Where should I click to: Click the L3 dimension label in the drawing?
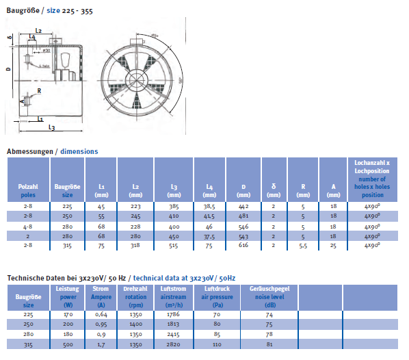pyautogui.click(x=51, y=127)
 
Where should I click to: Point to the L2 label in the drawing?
pyautogui.click(x=38, y=31)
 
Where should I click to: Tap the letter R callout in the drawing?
pyautogui.click(x=39, y=90)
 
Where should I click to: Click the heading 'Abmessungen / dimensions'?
pyautogui.click(x=52, y=151)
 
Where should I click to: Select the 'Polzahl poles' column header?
pyautogui.click(x=27, y=186)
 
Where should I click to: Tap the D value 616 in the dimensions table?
pyautogui.click(x=243, y=244)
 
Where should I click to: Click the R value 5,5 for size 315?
pyautogui.click(x=303, y=244)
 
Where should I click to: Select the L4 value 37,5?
pyautogui.click(x=209, y=234)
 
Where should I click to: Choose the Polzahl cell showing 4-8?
pyautogui.click(x=27, y=224)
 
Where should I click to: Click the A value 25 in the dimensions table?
pyautogui.click(x=333, y=244)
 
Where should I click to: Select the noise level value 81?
pyautogui.click(x=270, y=343)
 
